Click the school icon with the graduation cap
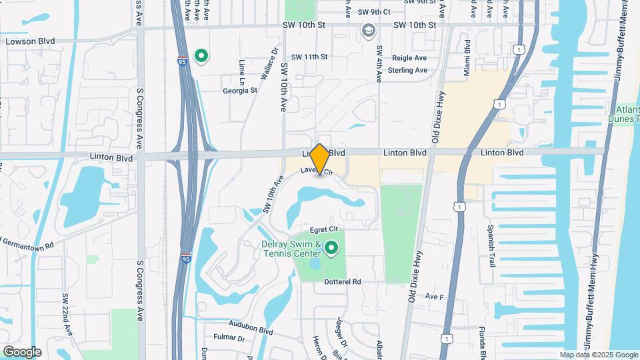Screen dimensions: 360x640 tap(367, 31)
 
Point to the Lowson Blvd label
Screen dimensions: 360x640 tap(30, 41)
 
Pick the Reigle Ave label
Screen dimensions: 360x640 tap(409, 58)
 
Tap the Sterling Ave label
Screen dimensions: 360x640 tap(407, 70)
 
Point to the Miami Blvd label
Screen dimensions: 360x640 tap(467, 57)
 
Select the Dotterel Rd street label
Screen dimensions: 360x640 tap(342, 282)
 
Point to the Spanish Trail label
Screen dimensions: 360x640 tap(492, 246)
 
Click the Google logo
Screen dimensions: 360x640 tap(22, 351)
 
